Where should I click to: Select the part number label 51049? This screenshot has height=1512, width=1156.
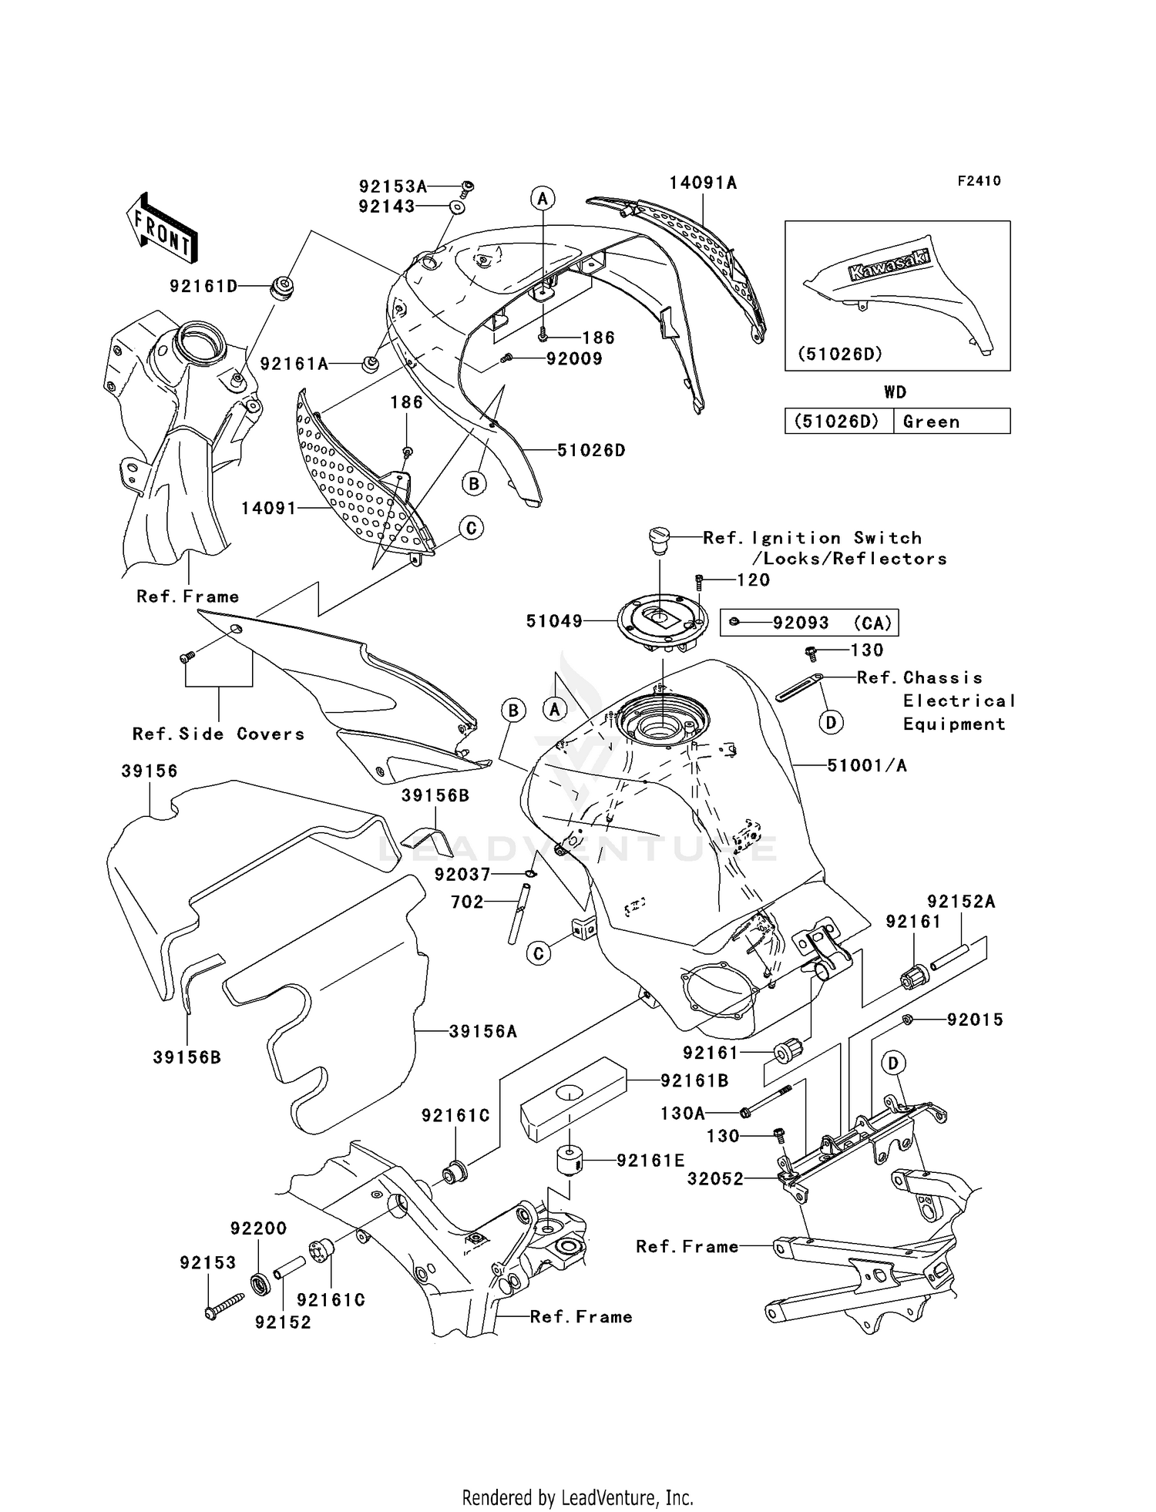coord(554,621)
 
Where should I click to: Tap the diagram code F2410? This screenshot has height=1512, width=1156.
coord(979,181)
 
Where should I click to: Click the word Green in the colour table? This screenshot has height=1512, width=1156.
coord(931,422)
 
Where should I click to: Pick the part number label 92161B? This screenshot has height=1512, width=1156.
coord(694,1080)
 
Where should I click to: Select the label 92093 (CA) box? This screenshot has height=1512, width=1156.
coord(808,623)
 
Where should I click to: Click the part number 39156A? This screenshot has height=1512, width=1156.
coord(482,1031)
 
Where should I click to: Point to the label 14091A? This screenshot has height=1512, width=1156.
coord(703,183)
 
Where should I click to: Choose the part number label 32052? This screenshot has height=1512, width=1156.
coord(715,1178)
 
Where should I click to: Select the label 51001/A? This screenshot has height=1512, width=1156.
coord(866,765)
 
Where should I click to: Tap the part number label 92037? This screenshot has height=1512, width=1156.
coord(462,874)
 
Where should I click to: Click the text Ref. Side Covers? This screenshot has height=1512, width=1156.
coord(218,734)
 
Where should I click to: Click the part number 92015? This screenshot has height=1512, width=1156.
coord(975,1020)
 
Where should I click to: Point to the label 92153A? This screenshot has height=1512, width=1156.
coord(392,186)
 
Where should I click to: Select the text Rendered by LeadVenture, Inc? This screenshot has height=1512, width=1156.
coord(577,1497)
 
